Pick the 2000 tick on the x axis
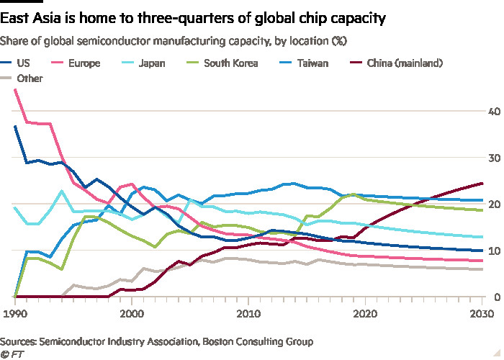[x=131, y=314]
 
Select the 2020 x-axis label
[x=365, y=314]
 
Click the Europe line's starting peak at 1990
[x=15, y=90]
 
